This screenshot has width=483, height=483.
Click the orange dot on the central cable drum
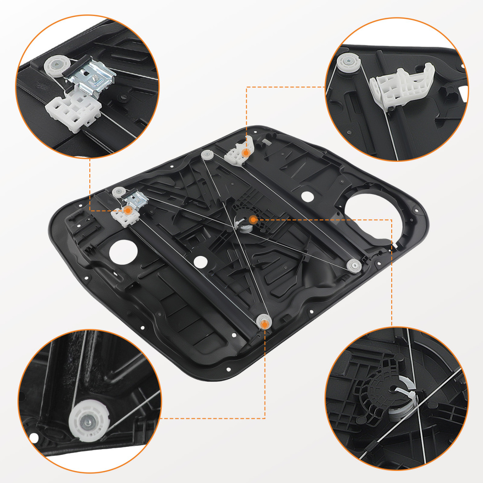(x=253, y=220)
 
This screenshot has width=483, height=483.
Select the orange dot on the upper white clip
(x=246, y=153)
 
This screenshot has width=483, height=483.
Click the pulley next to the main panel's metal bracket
(x=117, y=192)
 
